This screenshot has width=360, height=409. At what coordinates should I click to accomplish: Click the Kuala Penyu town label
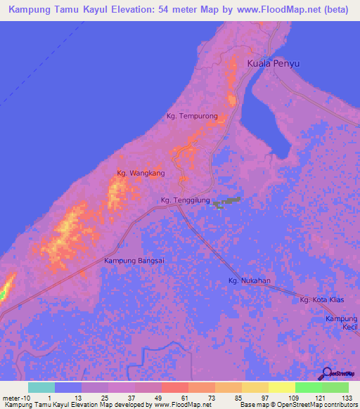[x=274, y=64]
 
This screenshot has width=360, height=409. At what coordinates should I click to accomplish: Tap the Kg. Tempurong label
[x=192, y=116]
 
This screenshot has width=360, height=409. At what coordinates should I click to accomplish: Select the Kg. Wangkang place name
[x=141, y=173]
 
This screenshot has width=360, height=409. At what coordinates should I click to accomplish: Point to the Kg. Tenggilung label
[x=186, y=200]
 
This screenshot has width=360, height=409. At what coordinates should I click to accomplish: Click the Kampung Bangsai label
[x=134, y=261]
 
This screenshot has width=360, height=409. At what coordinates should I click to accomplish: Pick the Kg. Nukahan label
[x=249, y=281]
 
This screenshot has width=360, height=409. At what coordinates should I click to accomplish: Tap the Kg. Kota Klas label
[x=321, y=300]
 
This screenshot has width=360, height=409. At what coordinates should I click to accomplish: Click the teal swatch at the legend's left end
[x=41, y=387]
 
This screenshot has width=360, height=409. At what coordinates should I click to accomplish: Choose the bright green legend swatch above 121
[x=308, y=387]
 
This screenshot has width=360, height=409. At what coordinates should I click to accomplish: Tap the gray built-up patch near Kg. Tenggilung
[x=226, y=203]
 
